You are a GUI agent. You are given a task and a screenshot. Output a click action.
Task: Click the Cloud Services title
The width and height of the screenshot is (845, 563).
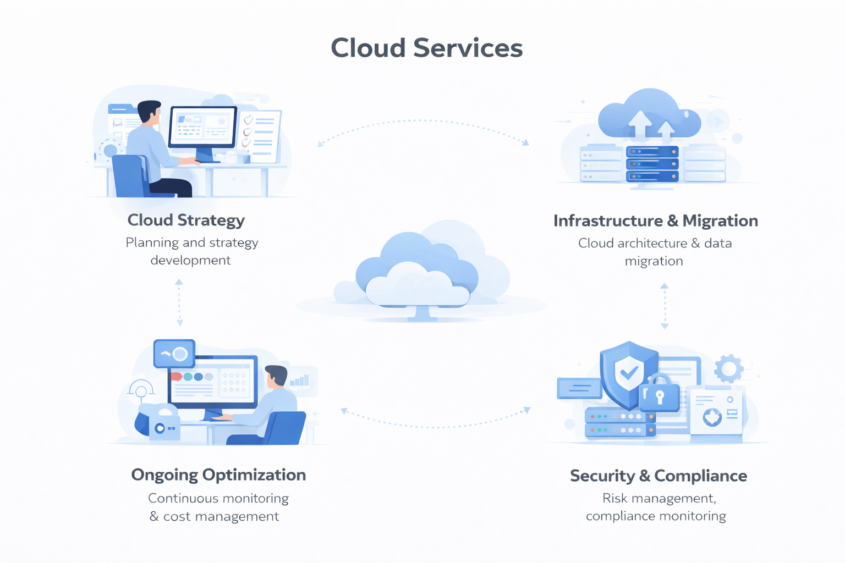point(426,48)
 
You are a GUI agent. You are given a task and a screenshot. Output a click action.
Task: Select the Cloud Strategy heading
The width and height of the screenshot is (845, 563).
point(186,220)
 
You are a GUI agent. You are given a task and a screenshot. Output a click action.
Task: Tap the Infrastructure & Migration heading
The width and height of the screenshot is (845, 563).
point(655,220)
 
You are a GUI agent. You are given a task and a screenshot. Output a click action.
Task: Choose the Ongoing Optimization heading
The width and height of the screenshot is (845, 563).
point(218,474)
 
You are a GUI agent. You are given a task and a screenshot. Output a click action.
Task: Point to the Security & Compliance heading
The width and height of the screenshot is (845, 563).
point(658,476)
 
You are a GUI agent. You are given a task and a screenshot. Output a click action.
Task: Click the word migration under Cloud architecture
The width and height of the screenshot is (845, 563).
point(654,261)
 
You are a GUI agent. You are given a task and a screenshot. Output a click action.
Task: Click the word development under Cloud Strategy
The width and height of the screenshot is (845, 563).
point(190,260)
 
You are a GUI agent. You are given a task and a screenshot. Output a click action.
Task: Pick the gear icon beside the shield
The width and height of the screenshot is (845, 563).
point(728,368)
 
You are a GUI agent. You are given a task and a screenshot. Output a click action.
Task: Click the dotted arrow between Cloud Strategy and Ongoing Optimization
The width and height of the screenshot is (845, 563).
point(179,302)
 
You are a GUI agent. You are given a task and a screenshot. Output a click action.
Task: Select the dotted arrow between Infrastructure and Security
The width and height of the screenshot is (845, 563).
point(665,306)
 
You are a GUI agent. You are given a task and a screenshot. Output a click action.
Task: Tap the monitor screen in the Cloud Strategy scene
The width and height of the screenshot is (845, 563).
point(202,126)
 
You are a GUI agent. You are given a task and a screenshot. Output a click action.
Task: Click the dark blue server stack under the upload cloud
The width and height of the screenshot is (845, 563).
point(652,164)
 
